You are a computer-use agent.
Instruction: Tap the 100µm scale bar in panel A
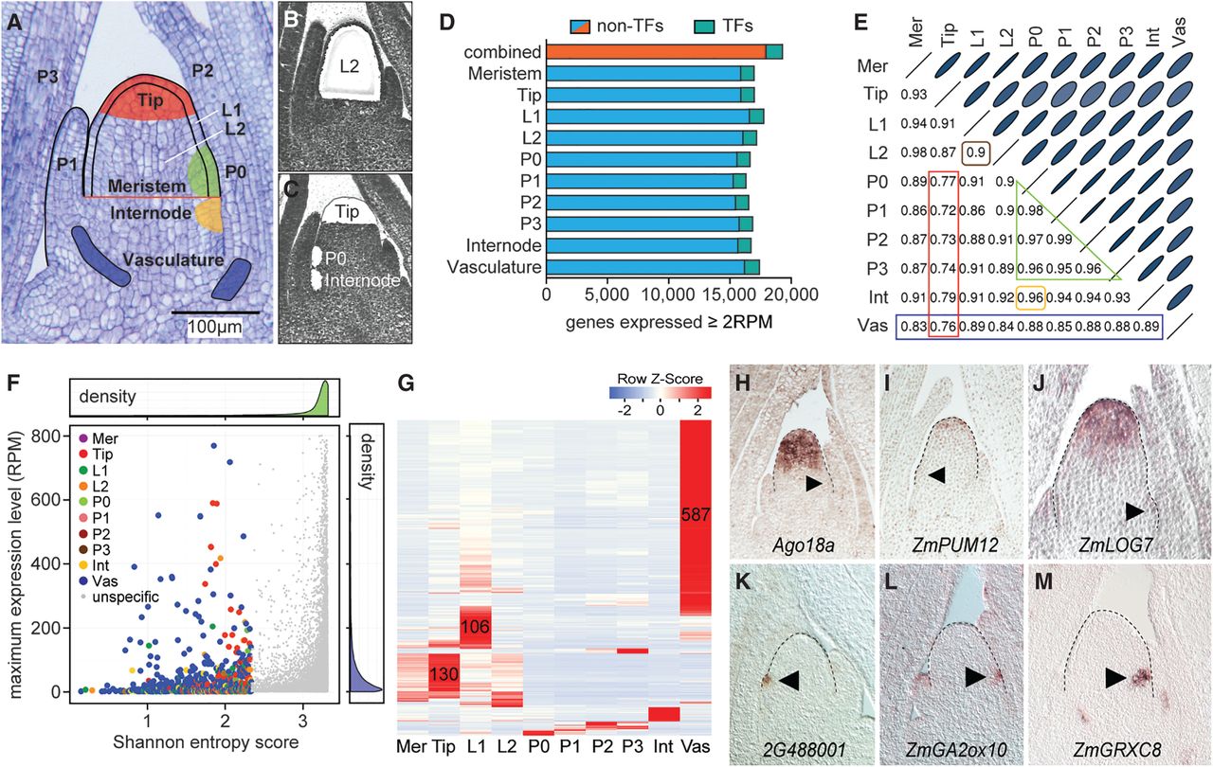(x=215, y=312)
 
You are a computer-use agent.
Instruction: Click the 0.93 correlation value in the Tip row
(x=914, y=95)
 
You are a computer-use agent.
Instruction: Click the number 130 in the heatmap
(x=444, y=674)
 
